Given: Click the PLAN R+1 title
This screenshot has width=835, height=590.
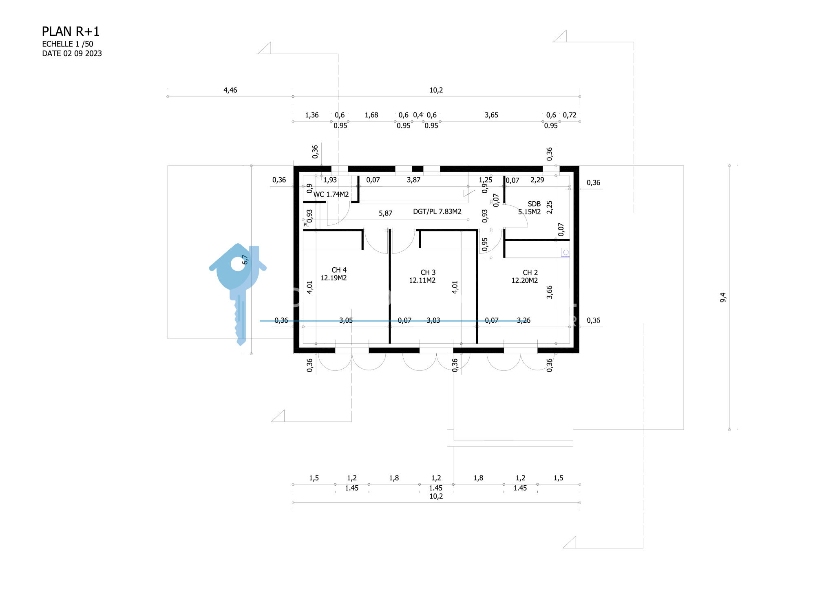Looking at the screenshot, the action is (x=71, y=31).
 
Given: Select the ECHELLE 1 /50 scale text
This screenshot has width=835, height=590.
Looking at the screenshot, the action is (x=68, y=44).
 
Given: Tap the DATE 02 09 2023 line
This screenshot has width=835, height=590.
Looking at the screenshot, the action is (x=72, y=53).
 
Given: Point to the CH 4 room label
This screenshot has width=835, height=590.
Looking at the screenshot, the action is (x=339, y=270).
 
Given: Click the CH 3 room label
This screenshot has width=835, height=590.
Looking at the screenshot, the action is (x=428, y=272).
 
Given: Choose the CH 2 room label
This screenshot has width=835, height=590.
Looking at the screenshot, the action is (x=530, y=272).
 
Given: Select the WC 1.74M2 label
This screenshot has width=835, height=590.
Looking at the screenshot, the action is (x=331, y=194).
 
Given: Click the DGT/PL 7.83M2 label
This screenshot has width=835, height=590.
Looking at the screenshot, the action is (x=437, y=211).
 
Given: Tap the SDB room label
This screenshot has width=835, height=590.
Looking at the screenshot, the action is (x=534, y=204).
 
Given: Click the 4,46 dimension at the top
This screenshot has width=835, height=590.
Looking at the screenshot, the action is (x=230, y=90).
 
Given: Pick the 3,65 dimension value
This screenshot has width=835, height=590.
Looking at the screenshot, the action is (x=491, y=115).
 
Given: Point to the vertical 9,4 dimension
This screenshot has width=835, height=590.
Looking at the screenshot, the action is (x=723, y=297).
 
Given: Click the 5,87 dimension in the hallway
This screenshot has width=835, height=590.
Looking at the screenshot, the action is (x=385, y=213).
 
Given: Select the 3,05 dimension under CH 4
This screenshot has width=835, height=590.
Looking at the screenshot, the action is (x=346, y=320).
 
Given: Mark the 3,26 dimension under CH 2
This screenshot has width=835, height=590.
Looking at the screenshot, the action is (x=524, y=320).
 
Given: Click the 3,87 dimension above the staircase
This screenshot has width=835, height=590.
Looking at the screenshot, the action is (x=413, y=180).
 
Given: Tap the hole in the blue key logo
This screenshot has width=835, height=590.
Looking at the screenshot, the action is (x=238, y=264).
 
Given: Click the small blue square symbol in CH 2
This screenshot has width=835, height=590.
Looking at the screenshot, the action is (x=566, y=253).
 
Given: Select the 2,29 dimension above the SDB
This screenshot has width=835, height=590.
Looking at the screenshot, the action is (x=537, y=180).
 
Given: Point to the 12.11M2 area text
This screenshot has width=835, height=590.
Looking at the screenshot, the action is (x=422, y=280).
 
